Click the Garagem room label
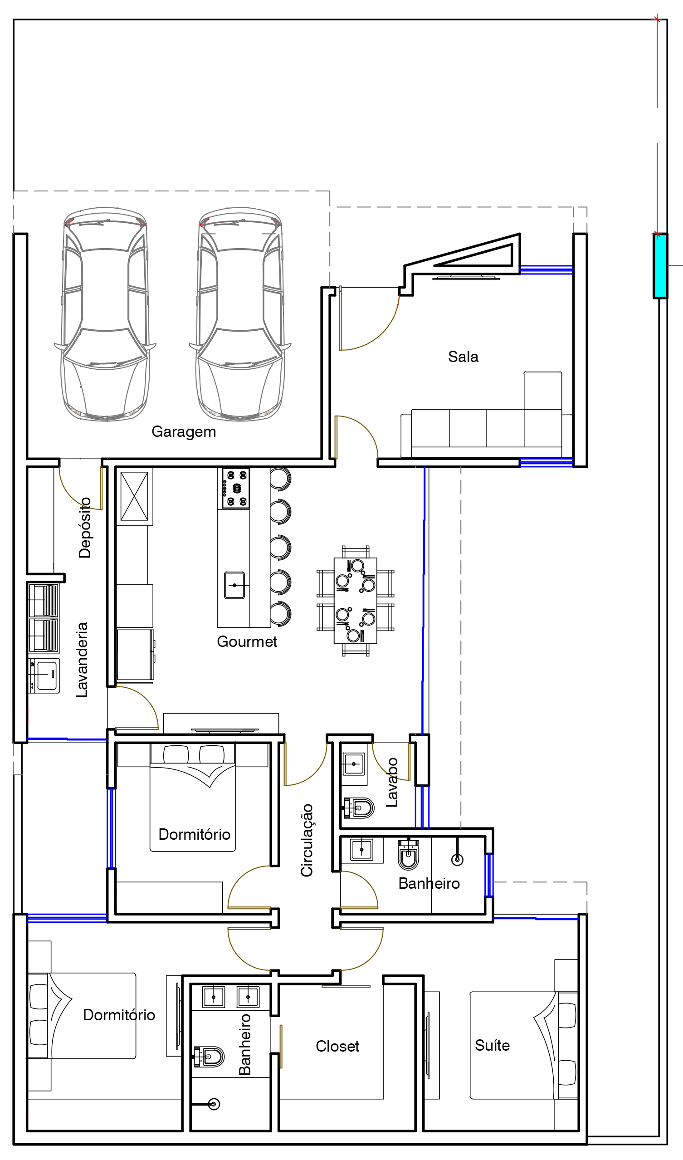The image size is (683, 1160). click(184, 432)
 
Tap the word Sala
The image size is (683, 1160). click(463, 357)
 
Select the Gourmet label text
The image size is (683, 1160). click(247, 641)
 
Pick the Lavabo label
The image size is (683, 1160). click(392, 783)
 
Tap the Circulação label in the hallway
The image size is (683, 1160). click(307, 841)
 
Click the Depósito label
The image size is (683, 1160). click(85, 528)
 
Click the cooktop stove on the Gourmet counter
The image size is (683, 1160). click(236, 489)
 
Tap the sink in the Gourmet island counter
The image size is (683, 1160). click(234, 585)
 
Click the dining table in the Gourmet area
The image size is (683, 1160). click(355, 601)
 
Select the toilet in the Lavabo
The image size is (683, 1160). click(359, 808)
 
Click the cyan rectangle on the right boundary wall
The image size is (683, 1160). click(660, 266)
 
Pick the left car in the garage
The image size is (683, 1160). click(105, 314)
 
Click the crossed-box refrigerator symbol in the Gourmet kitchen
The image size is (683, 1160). click(134, 496)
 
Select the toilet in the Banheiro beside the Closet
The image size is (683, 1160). click(209, 1057)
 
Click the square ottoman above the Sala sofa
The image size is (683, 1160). click(542, 391)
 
